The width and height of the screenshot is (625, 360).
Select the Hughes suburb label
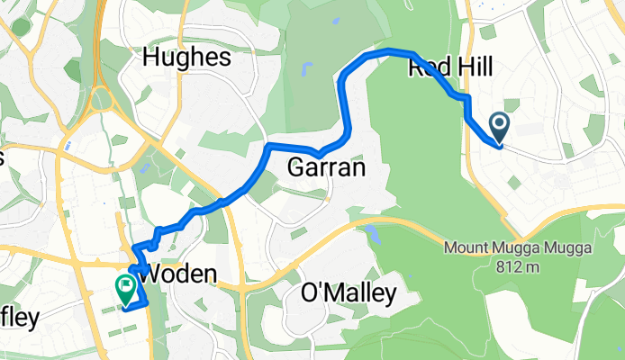[x=188, y=58]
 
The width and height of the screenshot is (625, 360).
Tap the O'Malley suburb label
[x=348, y=293]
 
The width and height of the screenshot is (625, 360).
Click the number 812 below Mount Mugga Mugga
[x=508, y=266]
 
